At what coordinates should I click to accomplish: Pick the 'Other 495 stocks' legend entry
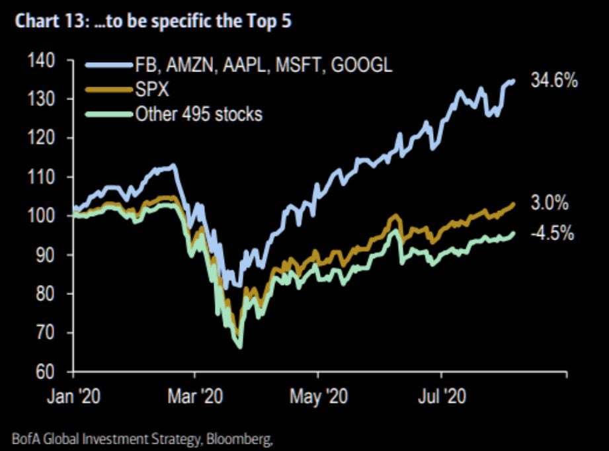click(x=198, y=114)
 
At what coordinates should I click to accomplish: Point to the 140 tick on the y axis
click(x=44, y=60)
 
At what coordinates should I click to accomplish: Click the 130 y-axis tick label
click(x=44, y=99)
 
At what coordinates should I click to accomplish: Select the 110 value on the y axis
click(x=44, y=177)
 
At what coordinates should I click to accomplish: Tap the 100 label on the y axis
click(x=44, y=216)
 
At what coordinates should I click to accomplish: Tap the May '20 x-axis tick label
click(x=318, y=397)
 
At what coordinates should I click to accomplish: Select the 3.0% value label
click(x=549, y=203)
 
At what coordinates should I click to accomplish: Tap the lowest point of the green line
click(x=239, y=347)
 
